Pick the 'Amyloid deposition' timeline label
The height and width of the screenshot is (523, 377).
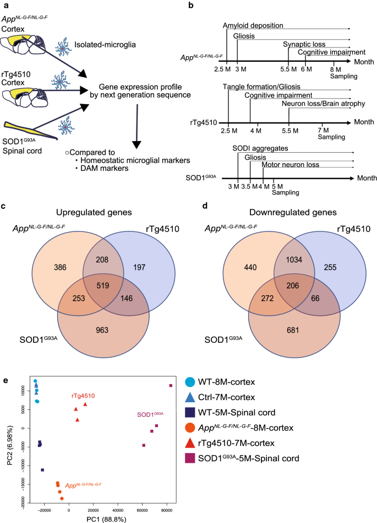coord(253,25)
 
